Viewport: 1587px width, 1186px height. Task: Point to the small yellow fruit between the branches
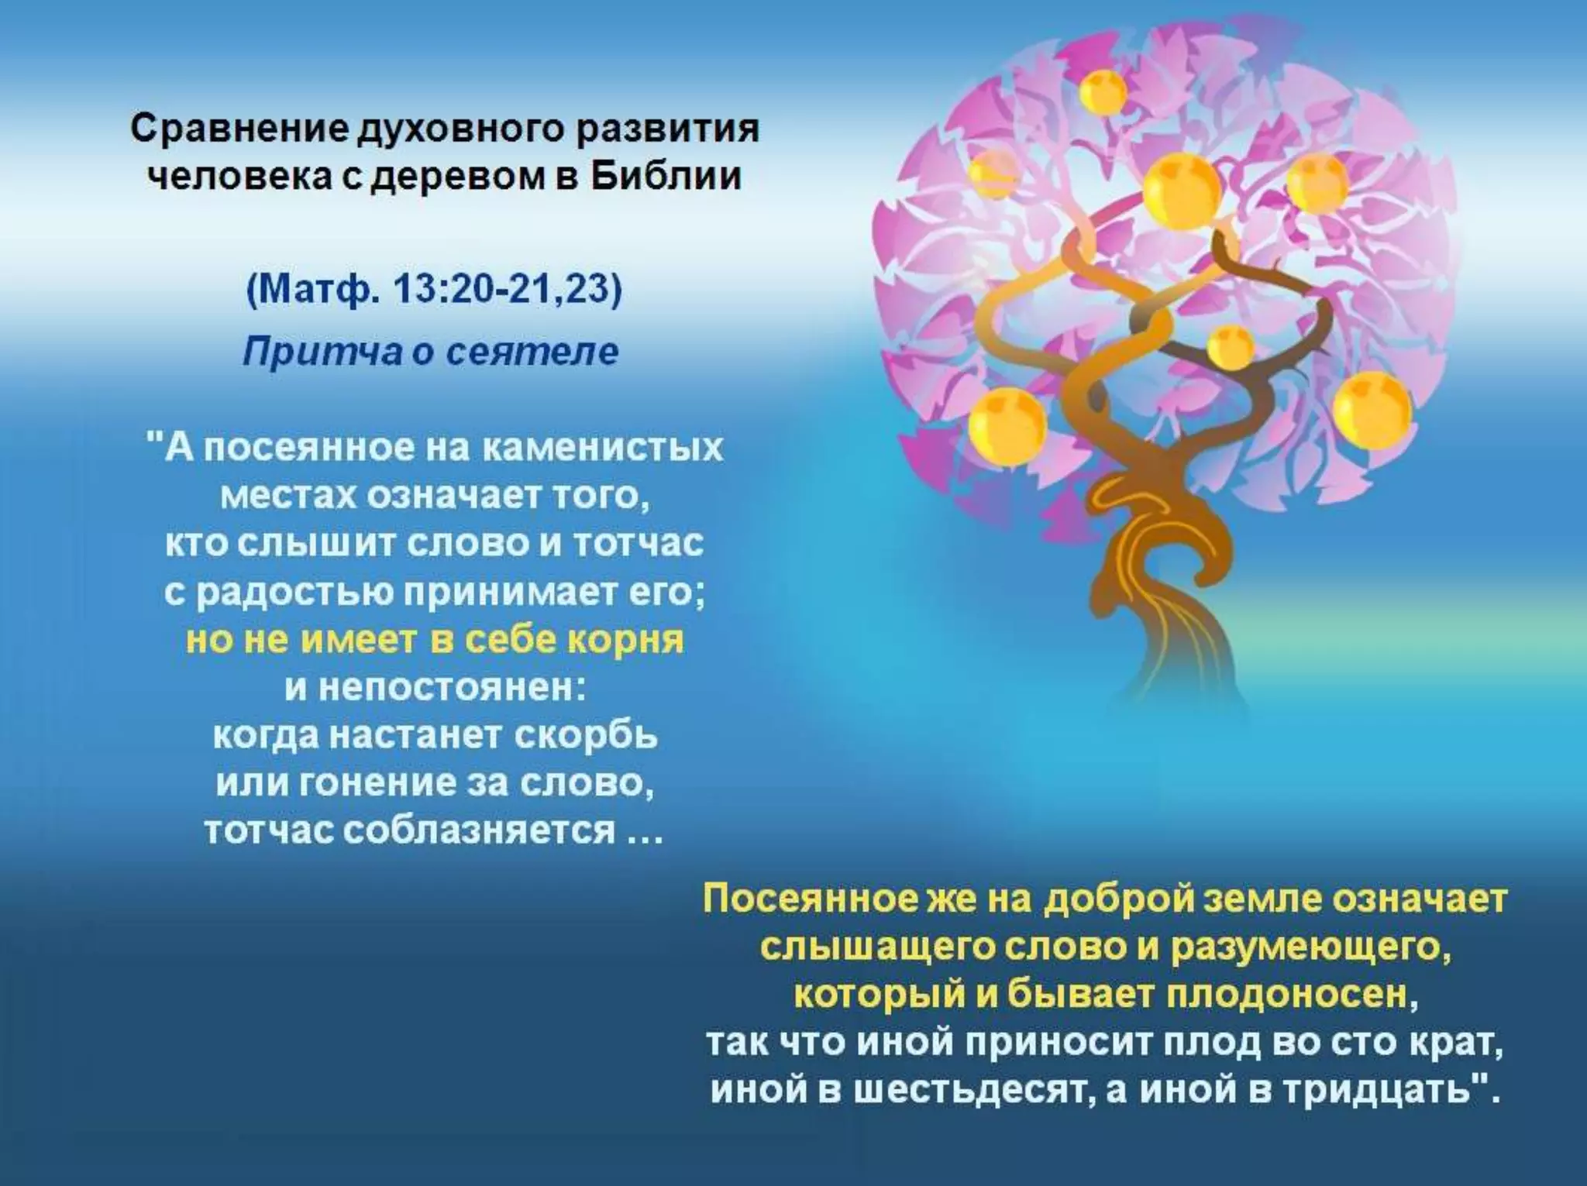[1231, 347]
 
